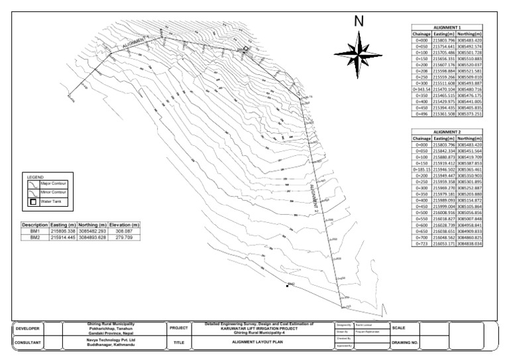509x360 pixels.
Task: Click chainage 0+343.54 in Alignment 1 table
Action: pyautogui.click(x=421, y=89)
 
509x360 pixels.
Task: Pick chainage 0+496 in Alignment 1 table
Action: pyautogui.click(x=421, y=114)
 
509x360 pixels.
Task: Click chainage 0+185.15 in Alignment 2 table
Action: pyautogui.click(x=421, y=169)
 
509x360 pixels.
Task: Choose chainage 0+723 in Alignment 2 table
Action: pyautogui.click(x=421, y=243)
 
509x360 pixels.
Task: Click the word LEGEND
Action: pyautogui.click(x=34, y=178)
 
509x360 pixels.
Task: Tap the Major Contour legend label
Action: pyautogui.click(x=56, y=183)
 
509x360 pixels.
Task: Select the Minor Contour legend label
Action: pyautogui.click(x=56, y=191)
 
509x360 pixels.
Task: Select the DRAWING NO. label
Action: pyautogui.click(x=405, y=343)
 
